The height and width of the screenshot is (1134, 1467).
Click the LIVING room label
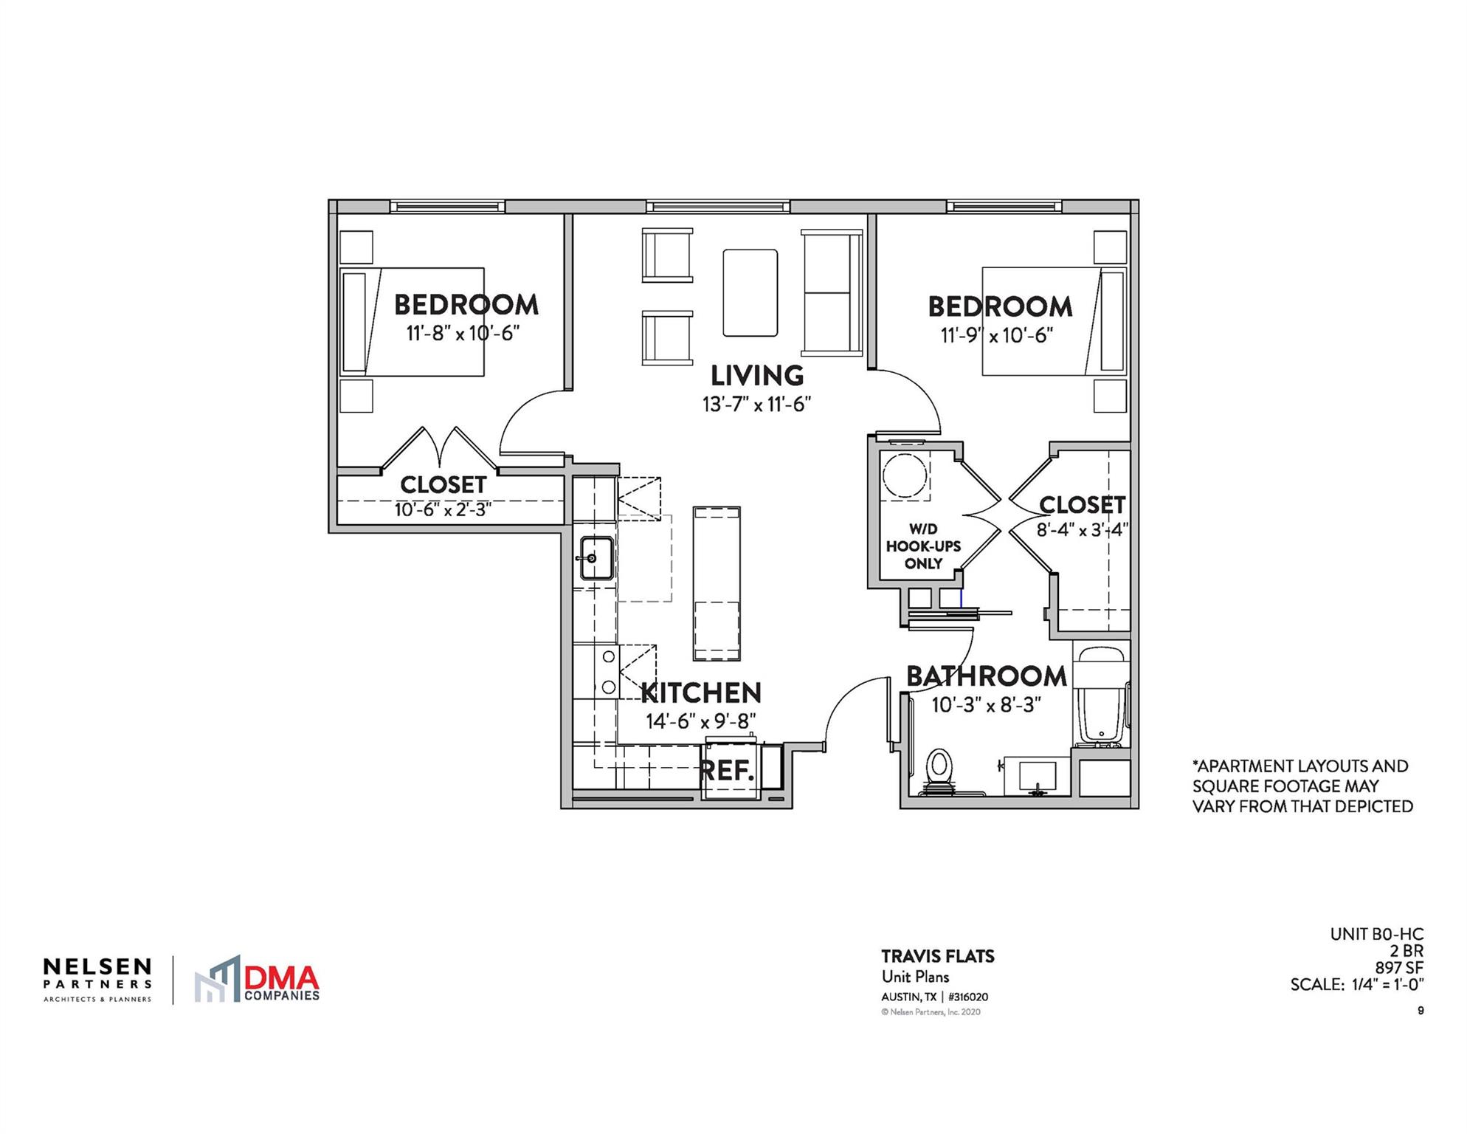(x=756, y=376)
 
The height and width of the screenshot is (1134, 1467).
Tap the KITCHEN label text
(x=700, y=693)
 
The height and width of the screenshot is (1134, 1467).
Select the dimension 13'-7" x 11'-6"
(x=756, y=405)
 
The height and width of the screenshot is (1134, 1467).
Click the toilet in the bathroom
(x=939, y=769)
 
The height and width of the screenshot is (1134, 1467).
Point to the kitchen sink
(x=596, y=558)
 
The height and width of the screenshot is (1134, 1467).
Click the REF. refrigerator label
(x=727, y=771)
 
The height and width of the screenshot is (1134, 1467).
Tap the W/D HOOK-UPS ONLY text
(x=923, y=546)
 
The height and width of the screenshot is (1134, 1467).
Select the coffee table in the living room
(x=750, y=293)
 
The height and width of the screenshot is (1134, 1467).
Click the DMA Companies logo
(x=258, y=980)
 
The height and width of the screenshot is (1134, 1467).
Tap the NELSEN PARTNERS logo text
(x=97, y=974)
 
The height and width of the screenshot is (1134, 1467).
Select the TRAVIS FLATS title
(x=937, y=956)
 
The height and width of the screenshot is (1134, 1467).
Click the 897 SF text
(x=1398, y=967)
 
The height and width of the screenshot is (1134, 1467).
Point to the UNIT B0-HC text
(x=1376, y=934)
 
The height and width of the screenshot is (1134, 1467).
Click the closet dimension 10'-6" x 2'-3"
(x=443, y=509)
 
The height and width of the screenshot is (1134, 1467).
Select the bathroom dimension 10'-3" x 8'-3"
(x=986, y=704)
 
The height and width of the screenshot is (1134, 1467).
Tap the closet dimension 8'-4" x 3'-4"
(x=1082, y=529)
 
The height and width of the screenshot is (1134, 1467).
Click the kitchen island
(x=717, y=583)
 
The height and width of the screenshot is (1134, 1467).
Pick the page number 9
(x=1421, y=1011)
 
